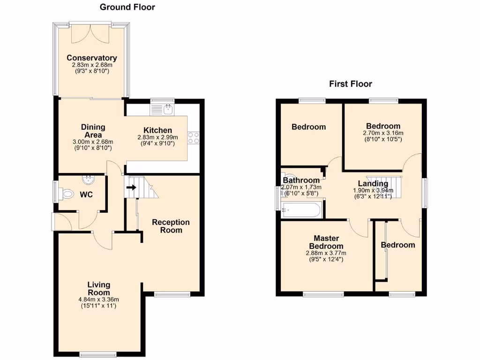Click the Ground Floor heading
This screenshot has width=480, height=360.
pyautogui.click(x=127, y=7)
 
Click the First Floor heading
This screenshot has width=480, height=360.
pyautogui.click(x=350, y=84)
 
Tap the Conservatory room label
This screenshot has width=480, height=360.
pyautogui.click(x=91, y=58)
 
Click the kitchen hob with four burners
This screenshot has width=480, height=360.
pyautogui.click(x=193, y=138)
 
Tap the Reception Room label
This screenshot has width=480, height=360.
pyautogui.click(x=171, y=226)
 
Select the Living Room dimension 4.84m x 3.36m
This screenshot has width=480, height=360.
pyautogui.click(x=99, y=300)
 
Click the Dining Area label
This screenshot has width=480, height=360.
pyautogui.click(x=93, y=131)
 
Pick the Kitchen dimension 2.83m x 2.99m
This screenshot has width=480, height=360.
pyautogui.click(x=156, y=137)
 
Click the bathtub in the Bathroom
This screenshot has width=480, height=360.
pyautogui.click(x=302, y=209)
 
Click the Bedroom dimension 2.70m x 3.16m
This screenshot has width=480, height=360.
pyautogui.click(x=383, y=133)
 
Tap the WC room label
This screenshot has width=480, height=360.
pyautogui.click(x=85, y=194)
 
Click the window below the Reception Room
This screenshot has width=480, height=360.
pyautogui.click(x=172, y=294)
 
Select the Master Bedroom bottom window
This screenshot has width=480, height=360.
pyautogui.click(x=323, y=294)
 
